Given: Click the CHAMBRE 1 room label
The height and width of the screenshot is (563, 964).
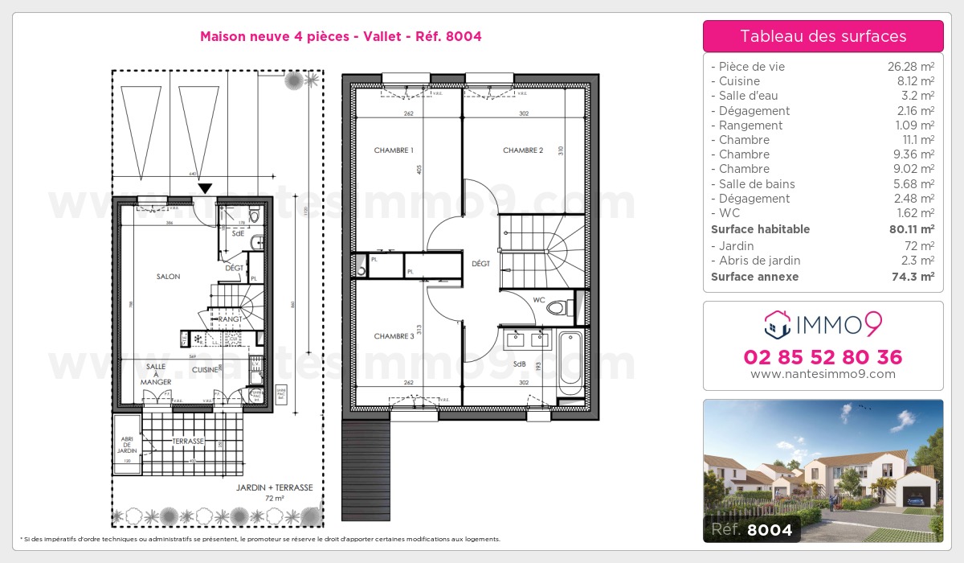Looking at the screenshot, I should pos(394,150).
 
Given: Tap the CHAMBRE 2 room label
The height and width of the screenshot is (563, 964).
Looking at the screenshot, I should pos(523,150).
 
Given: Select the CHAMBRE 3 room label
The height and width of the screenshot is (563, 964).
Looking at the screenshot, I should pos(394,336).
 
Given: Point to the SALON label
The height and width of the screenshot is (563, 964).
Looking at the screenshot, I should pos(168,277).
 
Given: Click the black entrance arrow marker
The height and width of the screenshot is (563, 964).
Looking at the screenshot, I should pos(205,188).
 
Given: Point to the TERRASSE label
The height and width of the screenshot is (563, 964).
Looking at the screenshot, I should pos(188,442).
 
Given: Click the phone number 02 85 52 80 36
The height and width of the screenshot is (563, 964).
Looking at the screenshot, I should pos(823,357).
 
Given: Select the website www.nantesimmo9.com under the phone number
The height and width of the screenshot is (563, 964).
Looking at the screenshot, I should pos(823,374).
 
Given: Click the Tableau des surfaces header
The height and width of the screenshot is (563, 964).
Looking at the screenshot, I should pos(823,36).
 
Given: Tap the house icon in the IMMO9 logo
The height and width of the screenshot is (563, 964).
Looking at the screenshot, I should pos(777,324).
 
